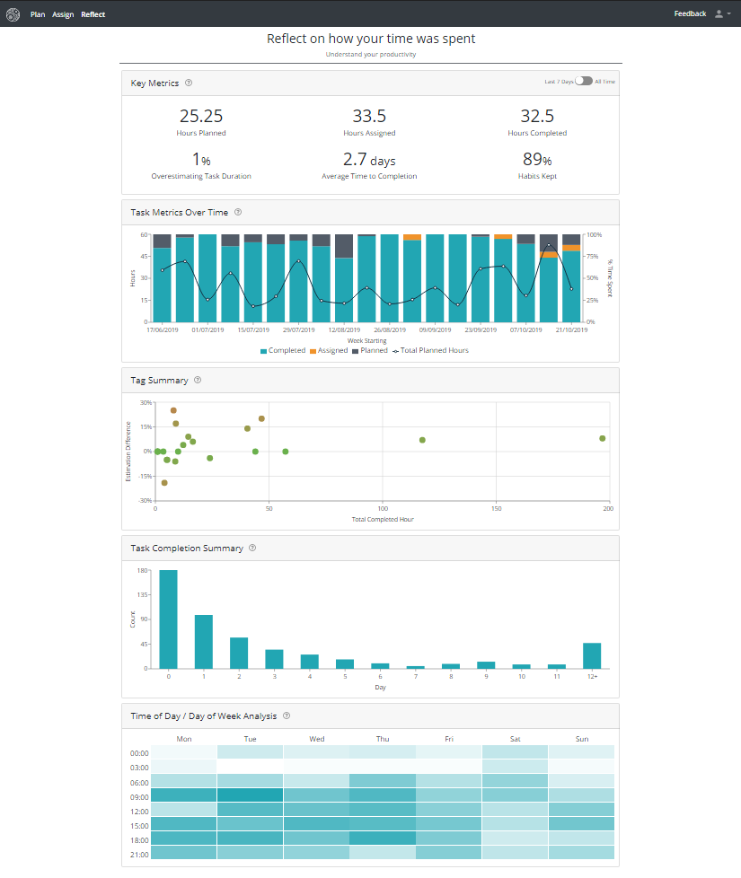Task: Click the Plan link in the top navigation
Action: click(x=38, y=14)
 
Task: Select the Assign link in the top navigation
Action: click(x=63, y=14)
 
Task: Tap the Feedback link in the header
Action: click(x=690, y=13)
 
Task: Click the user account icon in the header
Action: click(x=719, y=14)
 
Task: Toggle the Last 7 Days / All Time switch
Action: click(x=585, y=82)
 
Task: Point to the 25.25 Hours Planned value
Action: click(x=201, y=116)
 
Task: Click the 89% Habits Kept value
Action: click(x=536, y=160)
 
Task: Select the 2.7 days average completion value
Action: click(x=369, y=160)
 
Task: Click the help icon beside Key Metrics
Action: click(x=189, y=83)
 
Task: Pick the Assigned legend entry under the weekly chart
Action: click(x=329, y=350)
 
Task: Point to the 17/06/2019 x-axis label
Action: click(x=163, y=329)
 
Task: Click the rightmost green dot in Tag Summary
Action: click(x=603, y=438)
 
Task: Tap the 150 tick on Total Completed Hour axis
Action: click(x=496, y=509)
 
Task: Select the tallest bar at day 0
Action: click(x=168, y=619)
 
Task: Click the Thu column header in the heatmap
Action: click(x=383, y=739)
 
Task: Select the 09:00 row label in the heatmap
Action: click(x=139, y=796)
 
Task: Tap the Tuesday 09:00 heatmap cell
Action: click(x=251, y=795)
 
